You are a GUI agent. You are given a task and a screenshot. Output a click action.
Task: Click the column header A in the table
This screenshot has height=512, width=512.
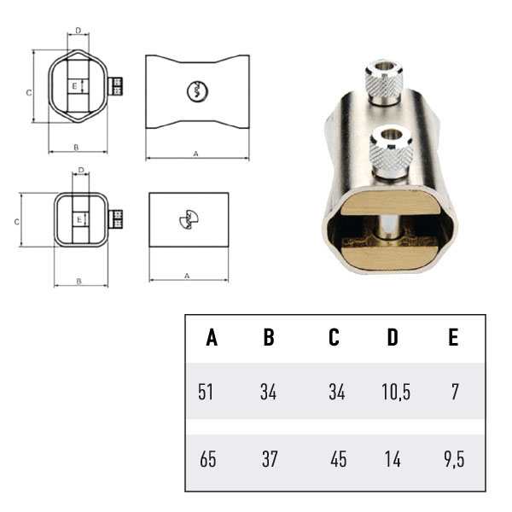(x=212, y=337)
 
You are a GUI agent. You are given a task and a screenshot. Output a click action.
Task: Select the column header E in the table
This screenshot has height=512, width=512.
(x=453, y=337)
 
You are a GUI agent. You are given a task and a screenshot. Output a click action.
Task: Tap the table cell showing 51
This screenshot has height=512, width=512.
(x=206, y=392)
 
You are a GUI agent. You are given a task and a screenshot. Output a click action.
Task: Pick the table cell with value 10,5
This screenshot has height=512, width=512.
(x=396, y=392)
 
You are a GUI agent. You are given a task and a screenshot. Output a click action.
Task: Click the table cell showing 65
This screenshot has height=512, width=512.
(x=207, y=459)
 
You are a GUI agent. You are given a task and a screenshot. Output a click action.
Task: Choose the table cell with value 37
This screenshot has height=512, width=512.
(x=270, y=459)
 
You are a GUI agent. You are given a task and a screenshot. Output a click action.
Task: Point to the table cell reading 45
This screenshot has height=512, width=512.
(x=338, y=459)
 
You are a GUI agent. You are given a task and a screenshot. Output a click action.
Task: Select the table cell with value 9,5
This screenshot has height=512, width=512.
(x=454, y=459)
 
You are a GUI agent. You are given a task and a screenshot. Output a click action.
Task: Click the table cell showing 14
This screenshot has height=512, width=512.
(x=393, y=459)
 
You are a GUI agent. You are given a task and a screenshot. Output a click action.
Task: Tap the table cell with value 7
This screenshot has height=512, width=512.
(x=455, y=392)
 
